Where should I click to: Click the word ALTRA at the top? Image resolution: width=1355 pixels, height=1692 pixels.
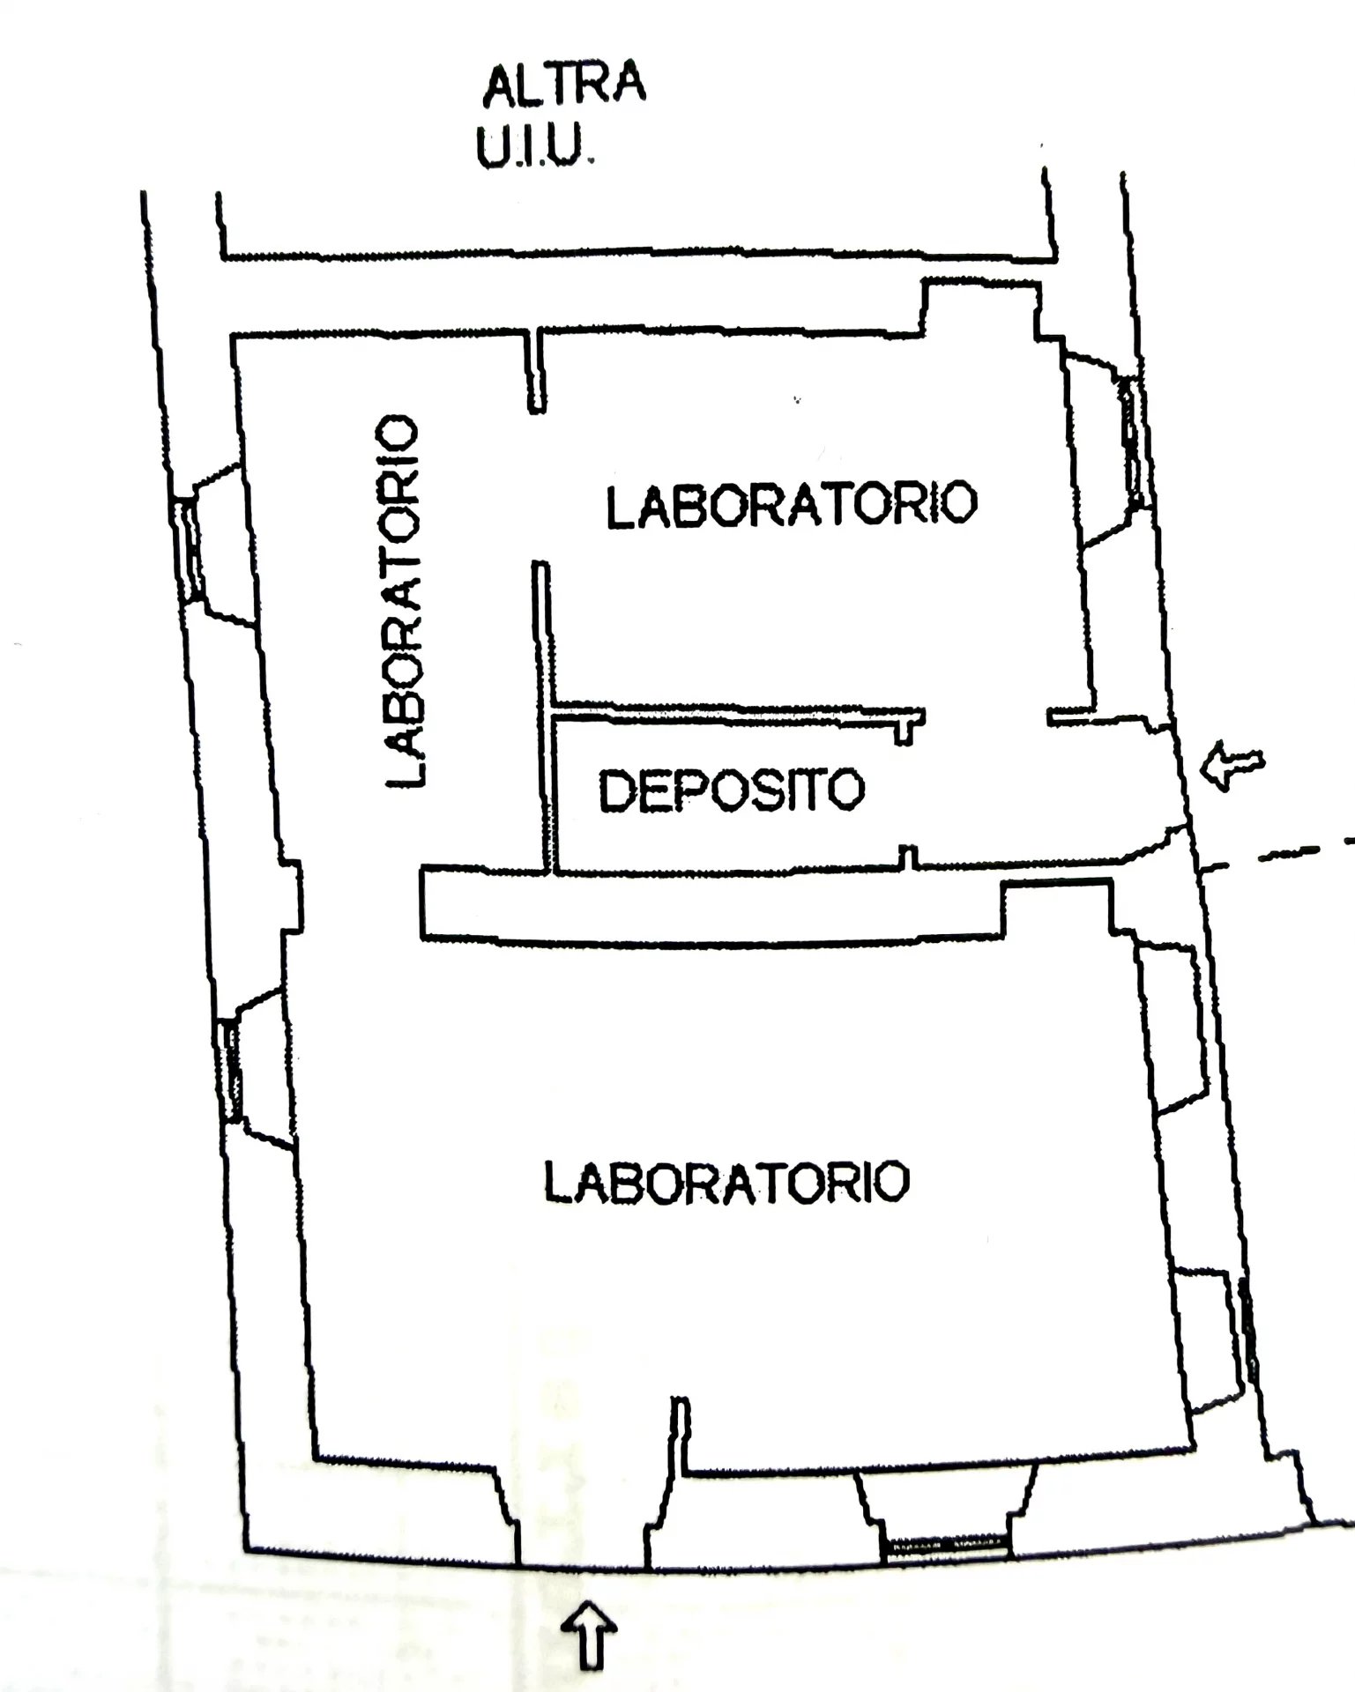[564, 84]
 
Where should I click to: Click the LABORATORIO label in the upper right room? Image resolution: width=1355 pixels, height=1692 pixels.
[791, 504]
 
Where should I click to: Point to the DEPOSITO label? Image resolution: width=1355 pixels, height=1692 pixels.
[731, 790]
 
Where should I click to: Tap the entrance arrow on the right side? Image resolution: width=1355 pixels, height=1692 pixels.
[1232, 764]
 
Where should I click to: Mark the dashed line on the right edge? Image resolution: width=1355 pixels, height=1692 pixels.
[1278, 857]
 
